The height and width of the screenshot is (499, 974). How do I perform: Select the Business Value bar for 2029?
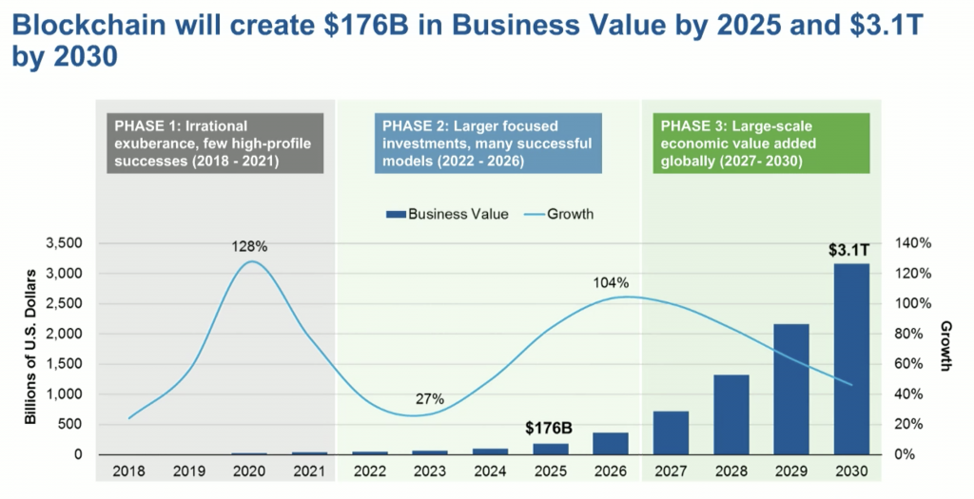791,390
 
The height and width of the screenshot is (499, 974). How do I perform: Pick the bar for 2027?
672,432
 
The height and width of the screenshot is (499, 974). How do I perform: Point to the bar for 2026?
612,444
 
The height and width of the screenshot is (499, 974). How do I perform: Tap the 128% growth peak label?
250,246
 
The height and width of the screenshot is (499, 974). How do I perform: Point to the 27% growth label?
430,399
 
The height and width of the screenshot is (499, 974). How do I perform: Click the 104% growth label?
610,282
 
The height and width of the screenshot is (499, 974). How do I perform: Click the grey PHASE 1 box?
216,144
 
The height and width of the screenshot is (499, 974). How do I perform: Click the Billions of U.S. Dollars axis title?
30,348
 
